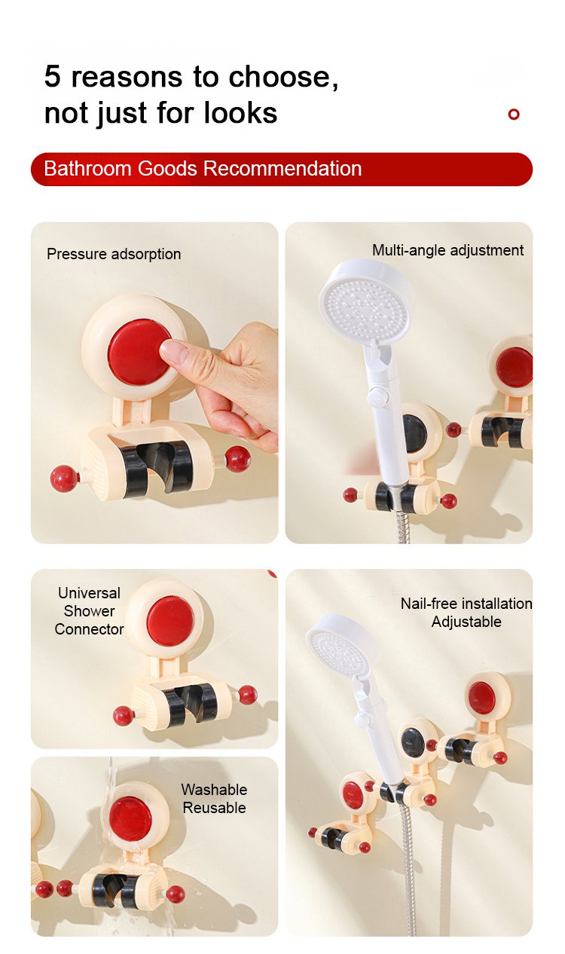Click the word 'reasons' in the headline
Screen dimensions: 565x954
coord(127,77)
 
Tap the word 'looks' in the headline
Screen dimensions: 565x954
coord(240,113)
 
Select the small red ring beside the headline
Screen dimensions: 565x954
coord(514,114)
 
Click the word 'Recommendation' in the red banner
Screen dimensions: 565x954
coord(282,169)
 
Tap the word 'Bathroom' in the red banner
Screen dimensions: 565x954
coord(87,169)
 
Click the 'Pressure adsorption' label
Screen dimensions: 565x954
coord(114,254)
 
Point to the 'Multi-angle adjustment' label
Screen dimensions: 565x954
coord(447,250)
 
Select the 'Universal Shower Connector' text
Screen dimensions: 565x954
coord(89,611)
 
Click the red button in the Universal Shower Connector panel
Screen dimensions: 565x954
coord(170,620)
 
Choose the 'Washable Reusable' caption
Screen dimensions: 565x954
coord(214,799)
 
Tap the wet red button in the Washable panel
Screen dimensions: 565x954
coord(130,818)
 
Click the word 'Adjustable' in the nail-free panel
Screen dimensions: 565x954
coord(466,622)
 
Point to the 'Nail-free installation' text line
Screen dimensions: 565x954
coord(466,604)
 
